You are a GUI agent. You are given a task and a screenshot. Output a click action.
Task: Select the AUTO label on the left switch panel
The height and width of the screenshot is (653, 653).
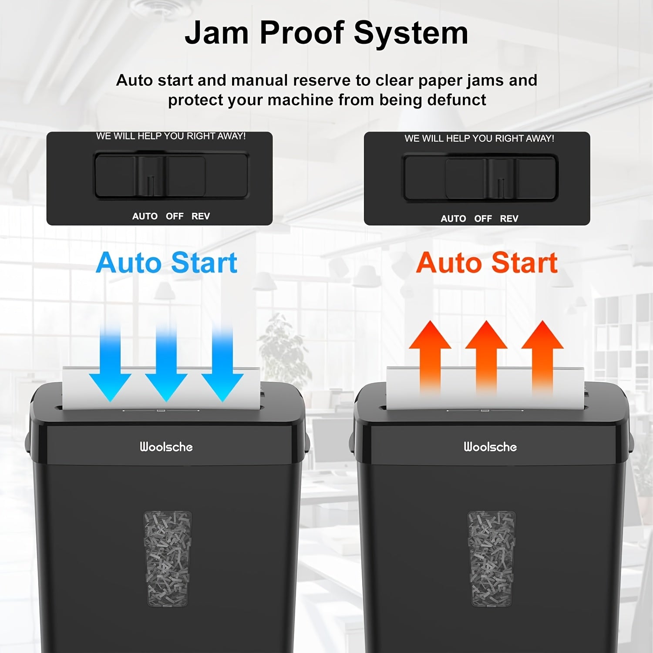[x=145, y=216]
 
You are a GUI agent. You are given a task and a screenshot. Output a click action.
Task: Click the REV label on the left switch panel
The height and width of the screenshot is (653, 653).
[x=201, y=216]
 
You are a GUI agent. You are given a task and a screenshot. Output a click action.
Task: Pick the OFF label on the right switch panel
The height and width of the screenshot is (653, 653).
[x=483, y=219]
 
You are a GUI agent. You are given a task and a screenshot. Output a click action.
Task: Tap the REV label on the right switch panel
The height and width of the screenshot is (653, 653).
[x=509, y=219]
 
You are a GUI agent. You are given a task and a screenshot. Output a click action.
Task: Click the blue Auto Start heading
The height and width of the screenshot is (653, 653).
[x=167, y=263]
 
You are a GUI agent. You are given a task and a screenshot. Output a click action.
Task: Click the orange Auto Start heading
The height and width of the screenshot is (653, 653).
[x=487, y=263]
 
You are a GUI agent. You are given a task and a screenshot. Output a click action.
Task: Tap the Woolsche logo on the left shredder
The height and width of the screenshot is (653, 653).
[x=166, y=447]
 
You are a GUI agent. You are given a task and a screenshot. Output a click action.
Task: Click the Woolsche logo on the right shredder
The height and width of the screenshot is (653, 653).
[x=490, y=447]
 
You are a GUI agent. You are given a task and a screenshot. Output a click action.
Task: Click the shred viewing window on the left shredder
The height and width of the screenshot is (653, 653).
[x=168, y=559]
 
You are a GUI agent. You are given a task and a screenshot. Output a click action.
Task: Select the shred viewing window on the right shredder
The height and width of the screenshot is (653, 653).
[x=491, y=559]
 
